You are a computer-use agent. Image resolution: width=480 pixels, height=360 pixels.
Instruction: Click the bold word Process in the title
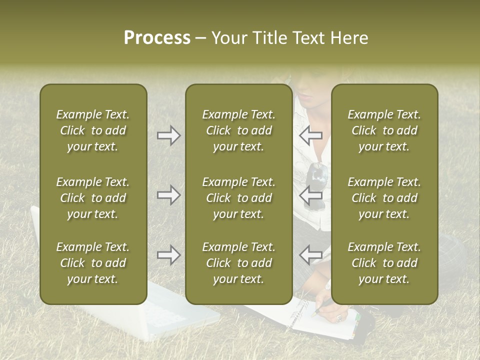click(x=157, y=38)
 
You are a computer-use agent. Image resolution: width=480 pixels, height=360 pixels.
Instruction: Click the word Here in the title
click(x=348, y=38)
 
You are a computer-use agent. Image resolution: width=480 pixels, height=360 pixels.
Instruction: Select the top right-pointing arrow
click(x=168, y=135)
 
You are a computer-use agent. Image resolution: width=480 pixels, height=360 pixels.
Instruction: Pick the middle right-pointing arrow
click(x=168, y=195)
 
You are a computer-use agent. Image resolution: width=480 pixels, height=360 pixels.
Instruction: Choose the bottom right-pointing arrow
click(x=168, y=255)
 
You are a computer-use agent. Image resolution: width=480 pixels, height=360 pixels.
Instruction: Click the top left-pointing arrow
click(x=311, y=135)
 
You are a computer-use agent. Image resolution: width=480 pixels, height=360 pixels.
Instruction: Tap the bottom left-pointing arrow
click(x=311, y=255)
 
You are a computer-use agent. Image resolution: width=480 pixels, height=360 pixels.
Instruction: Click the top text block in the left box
click(x=93, y=130)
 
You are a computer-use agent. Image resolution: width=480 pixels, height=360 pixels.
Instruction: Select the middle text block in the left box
click(x=93, y=198)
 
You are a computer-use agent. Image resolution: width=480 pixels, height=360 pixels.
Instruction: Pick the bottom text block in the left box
click(x=93, y=263)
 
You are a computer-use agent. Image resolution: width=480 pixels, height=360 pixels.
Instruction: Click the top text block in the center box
click(x=239, y=130)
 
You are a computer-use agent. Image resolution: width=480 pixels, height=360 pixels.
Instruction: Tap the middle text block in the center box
click(x=239, y=198)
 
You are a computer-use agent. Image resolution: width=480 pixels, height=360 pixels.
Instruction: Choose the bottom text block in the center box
click(x=239, y=263)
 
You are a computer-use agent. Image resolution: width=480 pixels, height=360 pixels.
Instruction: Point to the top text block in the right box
click(x=384, y=130)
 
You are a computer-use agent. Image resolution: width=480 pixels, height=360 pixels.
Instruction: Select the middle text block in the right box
click(x=384, y=198)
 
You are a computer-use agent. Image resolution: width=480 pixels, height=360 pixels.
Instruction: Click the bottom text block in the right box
click(x=384, y=263)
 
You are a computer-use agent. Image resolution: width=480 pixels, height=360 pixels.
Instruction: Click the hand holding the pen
click(x=332, y=312)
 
